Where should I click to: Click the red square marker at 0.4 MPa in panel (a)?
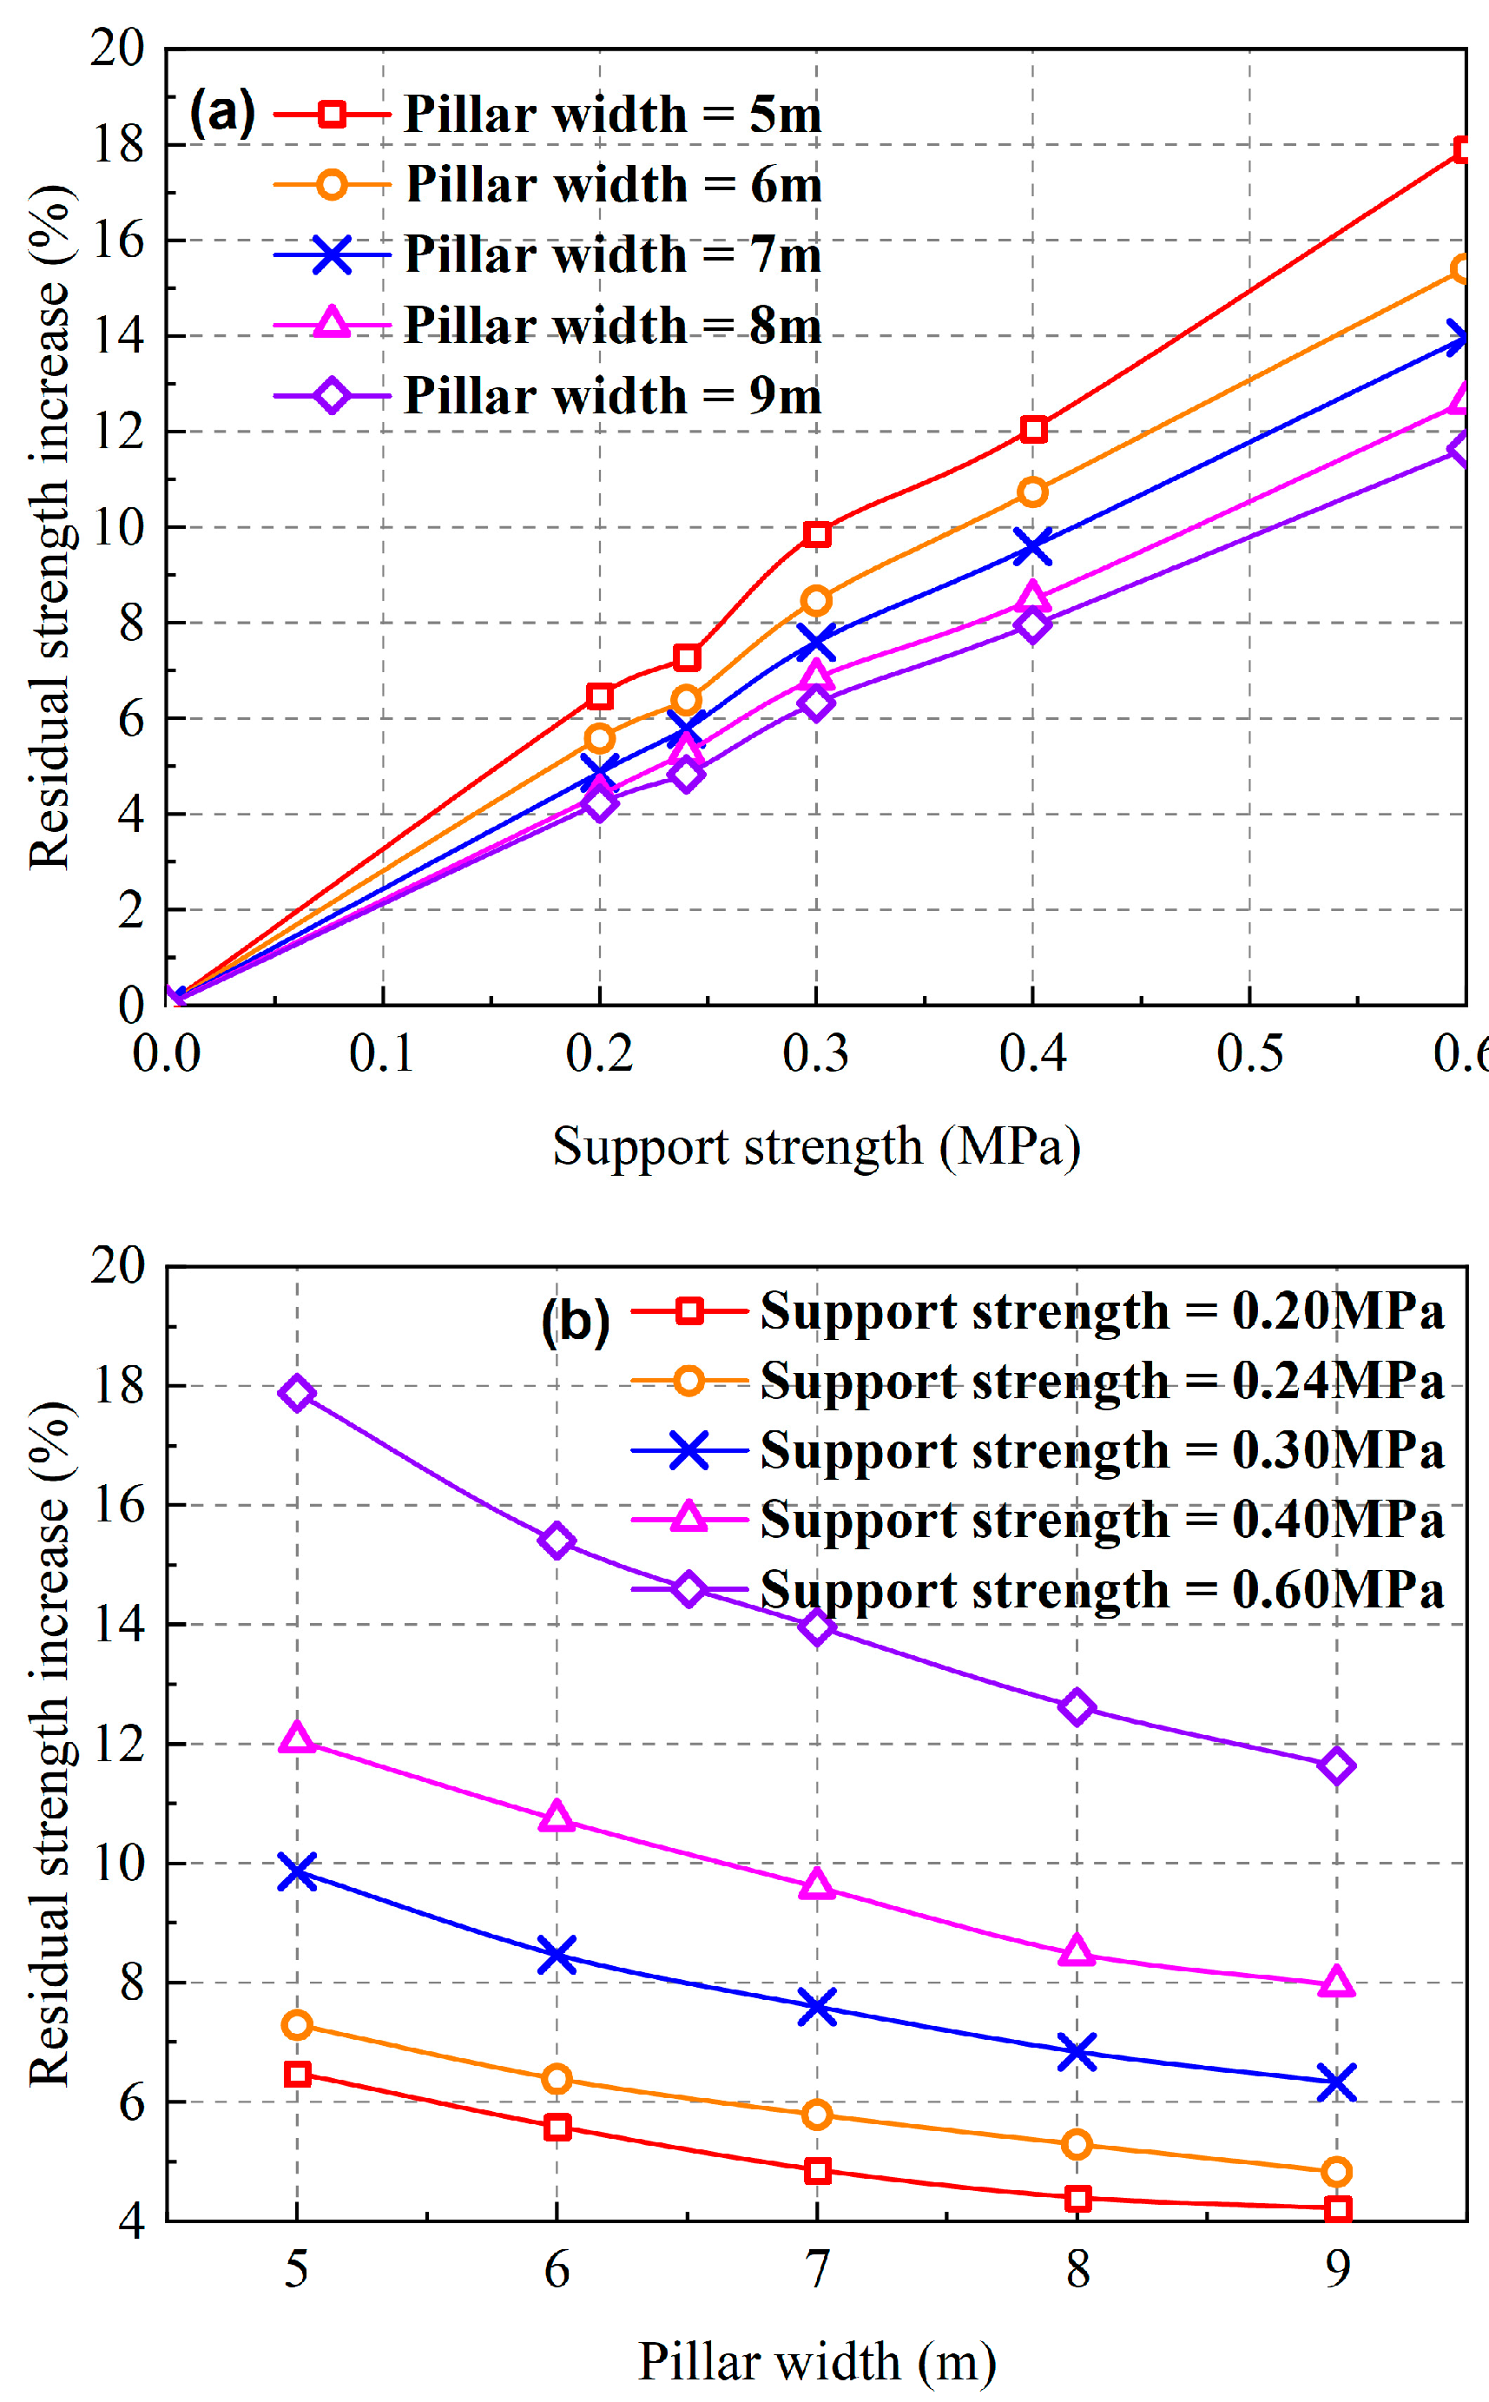tap(1032, 428)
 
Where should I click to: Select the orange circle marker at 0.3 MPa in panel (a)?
tap(815, 600)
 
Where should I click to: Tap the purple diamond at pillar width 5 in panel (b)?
tap(296, 1393)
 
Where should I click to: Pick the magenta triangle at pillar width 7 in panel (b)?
tap(816, 1884)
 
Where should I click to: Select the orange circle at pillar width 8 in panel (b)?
tap(1077, 2144)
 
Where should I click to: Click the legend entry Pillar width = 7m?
tap(611, 254)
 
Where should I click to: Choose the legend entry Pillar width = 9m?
tap(611, 396)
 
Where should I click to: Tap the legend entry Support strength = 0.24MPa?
tap(1101, 1381)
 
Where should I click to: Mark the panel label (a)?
tap(222, 111)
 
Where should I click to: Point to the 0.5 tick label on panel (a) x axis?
tap(1249, 1053)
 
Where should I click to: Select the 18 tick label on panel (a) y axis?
tap(117, 145)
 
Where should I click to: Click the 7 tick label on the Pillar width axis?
tap(816, 2269)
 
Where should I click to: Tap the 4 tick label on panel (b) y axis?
tap(131, 2221)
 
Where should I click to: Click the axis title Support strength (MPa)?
tap(816, 1146)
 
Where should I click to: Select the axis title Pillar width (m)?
tap(816, 2360)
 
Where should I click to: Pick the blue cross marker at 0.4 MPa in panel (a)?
tap(1032, 546)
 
